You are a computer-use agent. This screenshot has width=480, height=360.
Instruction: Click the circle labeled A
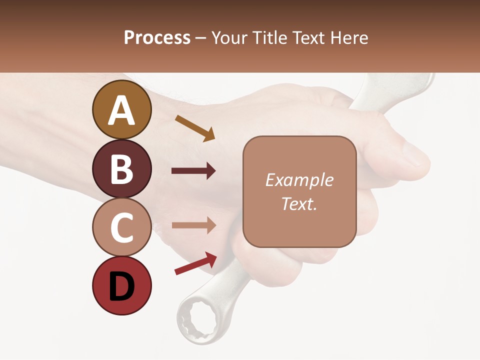point(121,109)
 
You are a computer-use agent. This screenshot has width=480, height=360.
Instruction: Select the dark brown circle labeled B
point(121,168)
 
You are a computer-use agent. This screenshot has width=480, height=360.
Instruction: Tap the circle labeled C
point(121,227)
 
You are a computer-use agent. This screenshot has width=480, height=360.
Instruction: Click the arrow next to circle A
point(195,128)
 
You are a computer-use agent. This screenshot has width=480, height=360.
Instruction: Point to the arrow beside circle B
point(193,171)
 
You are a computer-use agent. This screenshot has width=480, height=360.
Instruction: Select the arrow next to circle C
point(193,225)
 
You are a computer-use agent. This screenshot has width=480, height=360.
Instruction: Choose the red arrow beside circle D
point(195,263)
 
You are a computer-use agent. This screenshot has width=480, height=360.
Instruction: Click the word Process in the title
point(157,38)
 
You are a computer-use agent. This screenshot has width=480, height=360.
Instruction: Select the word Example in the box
point(299,180)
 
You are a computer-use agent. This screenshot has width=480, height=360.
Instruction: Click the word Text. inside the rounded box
point(299,203)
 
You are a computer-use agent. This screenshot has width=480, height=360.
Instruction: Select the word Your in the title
point(229,38)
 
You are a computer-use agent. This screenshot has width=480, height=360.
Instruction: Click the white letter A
point(121,110)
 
